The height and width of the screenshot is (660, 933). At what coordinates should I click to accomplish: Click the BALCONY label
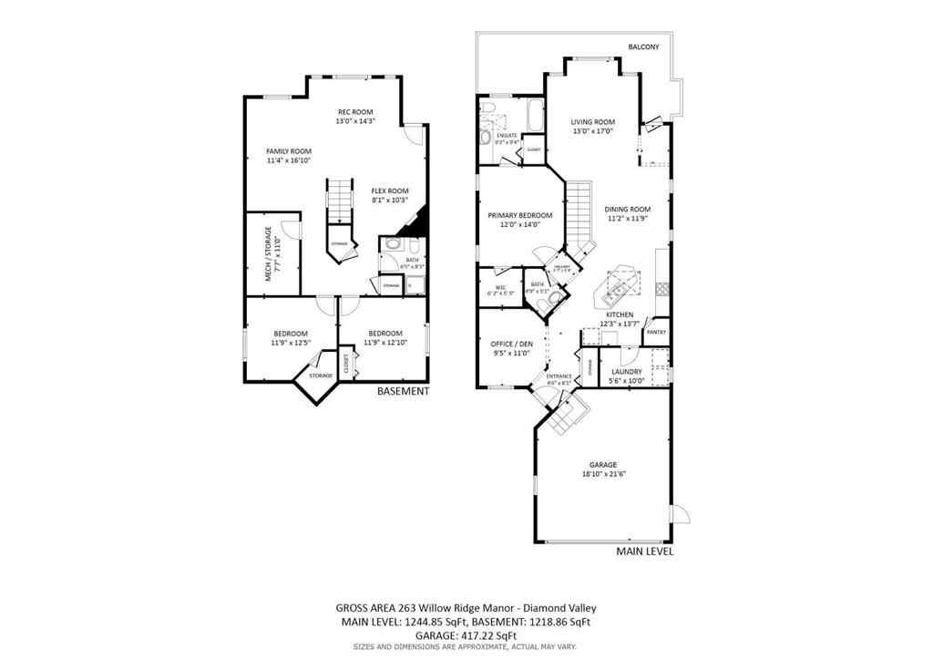[643, 46]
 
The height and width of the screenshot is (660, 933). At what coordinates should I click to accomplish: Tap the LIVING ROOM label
[592, 122]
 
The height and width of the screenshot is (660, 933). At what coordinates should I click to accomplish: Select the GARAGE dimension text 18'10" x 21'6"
[603, 474]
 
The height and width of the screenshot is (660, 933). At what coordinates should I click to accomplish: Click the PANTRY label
[656, 332]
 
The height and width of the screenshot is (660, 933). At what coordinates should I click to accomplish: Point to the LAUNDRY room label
[626, 372]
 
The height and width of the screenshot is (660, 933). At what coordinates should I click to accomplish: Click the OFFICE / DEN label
[511, 344]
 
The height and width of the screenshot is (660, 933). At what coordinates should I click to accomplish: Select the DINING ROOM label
[628, 209]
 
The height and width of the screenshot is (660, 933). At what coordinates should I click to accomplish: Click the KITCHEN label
[620, 315]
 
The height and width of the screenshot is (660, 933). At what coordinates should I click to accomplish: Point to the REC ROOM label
[355, 112]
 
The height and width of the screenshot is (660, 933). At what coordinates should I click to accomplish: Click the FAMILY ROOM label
[289, 151]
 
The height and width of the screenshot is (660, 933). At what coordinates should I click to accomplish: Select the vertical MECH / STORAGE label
[268, 253]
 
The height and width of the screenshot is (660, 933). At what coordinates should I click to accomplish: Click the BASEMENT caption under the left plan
[403, 391]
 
